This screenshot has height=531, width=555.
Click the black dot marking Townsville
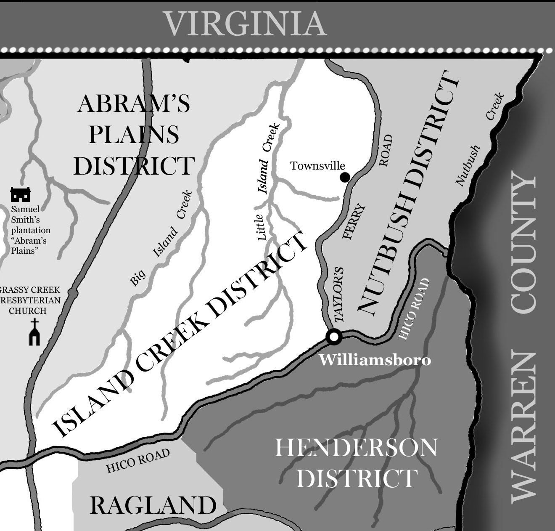[344, 178]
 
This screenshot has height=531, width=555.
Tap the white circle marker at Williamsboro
[334, 336]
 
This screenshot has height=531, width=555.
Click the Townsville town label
[317, 166]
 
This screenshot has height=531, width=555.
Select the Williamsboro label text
[375, 360]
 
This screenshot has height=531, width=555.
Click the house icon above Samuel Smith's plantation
[20, 194]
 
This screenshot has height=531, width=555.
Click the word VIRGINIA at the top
[245, 24]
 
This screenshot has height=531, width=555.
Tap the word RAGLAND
[153, 505]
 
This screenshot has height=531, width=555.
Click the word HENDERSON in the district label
[356, 448]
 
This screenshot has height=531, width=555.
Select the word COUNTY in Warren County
[524, 242]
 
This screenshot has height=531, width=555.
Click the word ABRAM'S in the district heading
[133, 104]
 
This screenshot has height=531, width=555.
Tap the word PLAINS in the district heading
[134, 134]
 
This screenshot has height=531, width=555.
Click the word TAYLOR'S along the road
[339, 295]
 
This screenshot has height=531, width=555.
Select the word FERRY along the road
[354, 222]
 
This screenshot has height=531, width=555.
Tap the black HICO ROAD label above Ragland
[138, 461]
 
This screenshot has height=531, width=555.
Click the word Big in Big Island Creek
[137, 278]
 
